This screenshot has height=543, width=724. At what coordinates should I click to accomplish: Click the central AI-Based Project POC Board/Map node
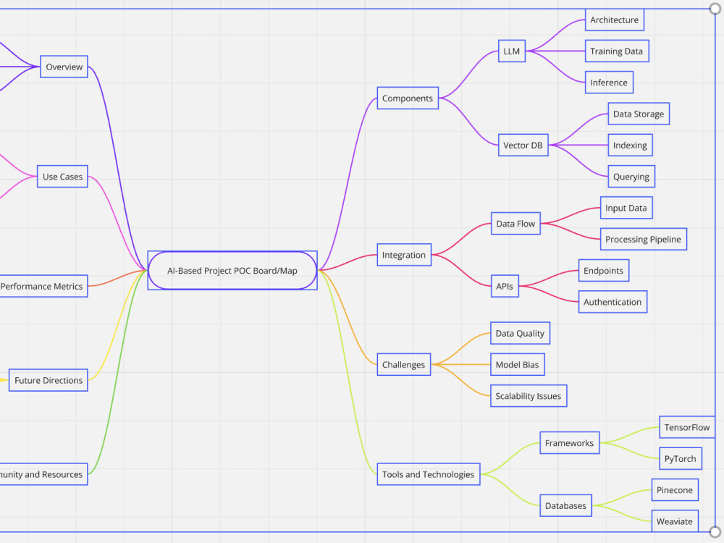coord(232,271)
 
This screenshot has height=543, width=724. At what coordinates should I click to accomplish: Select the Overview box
coord(64,67)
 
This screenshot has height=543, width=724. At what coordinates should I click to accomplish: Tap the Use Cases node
coord(62,177)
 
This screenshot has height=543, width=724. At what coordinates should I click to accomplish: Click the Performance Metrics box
coord(43,286)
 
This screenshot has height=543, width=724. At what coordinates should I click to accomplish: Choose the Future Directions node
coord(49,380)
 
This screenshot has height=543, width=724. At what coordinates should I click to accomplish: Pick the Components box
coord(408,98)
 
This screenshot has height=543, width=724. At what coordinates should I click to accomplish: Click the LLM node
coord(512,51)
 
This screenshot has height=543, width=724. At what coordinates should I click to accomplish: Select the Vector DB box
coord(523,145)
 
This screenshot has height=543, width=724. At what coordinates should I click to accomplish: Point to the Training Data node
coord(617,51)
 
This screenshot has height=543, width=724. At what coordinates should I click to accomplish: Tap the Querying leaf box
coord(631,177)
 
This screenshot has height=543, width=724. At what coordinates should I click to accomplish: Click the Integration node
coord(404,255)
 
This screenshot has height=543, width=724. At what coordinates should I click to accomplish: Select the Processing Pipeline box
coord(643,239)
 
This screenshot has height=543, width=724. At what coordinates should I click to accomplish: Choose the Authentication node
coord(613,302)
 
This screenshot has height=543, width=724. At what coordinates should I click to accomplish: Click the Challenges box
coord(403,364)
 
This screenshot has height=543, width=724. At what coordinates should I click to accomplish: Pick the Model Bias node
coord(517,364)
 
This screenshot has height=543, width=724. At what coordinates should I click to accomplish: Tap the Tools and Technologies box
coord(429,474)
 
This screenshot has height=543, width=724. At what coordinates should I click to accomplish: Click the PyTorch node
coord(680,458)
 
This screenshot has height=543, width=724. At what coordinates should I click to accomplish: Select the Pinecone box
coord(675,490)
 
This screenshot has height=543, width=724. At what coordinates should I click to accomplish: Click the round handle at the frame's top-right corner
coord(715,9)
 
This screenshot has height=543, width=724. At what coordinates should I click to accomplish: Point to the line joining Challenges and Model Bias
coord(460,364)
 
